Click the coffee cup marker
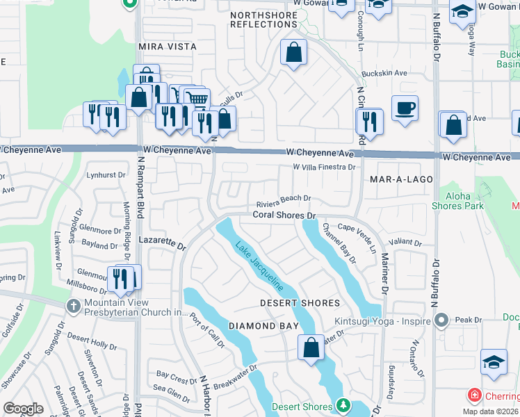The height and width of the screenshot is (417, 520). point(405,109)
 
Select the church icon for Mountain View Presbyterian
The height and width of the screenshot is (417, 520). point(73,306)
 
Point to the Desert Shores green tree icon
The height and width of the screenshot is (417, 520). point(341,404)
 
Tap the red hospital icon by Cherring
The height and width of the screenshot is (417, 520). point(475,395)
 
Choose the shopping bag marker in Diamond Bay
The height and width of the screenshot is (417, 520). point(311,347)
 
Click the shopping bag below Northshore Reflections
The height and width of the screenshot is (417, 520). point(294,52)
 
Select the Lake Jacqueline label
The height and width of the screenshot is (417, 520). point(259,265)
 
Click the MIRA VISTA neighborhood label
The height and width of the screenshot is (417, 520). point(168,47)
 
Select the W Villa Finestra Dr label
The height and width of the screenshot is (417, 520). point(323,167)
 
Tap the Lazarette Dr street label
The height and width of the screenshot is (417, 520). point(162,243)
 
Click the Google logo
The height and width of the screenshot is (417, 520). point(23,409)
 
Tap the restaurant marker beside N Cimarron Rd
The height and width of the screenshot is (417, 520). point(369,122)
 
